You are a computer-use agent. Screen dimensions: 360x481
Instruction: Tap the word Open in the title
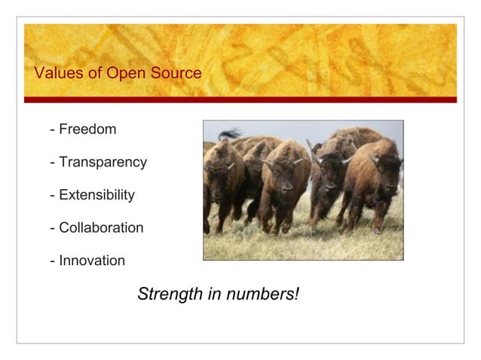coord(109,74)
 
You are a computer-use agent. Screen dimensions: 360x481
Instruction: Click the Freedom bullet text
coord(87,130)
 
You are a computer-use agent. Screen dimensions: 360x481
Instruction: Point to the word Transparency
coord(103,163)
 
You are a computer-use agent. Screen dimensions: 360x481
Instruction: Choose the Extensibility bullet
coord(97,195)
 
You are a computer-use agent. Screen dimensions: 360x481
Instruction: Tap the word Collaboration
coord(101,228)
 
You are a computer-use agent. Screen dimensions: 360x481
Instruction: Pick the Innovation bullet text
coord(92,261)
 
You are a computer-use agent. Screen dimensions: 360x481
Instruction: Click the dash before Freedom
coord(52,130)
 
